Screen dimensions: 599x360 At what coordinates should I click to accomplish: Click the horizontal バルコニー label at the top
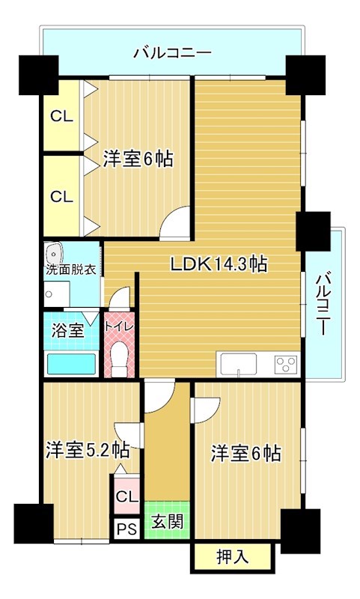(x=172, y=52)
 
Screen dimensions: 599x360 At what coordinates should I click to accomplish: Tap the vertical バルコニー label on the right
(x=323, y=304)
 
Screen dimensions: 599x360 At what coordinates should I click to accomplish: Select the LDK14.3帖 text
(x=219, y=264)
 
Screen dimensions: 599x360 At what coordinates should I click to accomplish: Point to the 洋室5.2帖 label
(x=88, y=450)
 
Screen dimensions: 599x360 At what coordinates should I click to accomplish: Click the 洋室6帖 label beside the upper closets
(x=138, y=159)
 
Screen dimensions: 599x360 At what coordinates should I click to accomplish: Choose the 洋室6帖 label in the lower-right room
(x=245, y=453)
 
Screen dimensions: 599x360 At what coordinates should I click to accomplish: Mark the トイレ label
(x=118, y=326)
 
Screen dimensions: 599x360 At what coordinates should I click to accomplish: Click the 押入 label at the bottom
(x=232, y=556)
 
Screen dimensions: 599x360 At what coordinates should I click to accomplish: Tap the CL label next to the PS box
(x=126, y=496)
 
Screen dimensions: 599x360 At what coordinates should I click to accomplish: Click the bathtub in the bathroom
(x=71, y=365)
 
